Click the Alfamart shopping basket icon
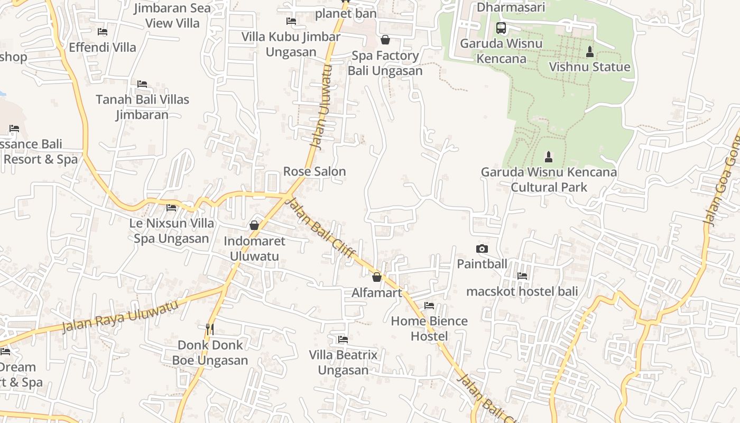click(x=377, y=277)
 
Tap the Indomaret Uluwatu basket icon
click(x=254, y=225)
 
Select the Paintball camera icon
click(x=482, y=249)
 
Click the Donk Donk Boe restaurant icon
click(x=210, y=329)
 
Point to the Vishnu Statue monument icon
click(x=590, y=52)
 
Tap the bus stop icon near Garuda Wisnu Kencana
click(x=501, y=28)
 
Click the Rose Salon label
click(x=314, y=171)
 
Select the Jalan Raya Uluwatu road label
click(x=120, y=316)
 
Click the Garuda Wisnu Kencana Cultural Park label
click(x=549, y=179)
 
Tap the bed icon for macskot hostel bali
click(x=522, y=275)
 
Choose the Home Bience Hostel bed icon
click(x=429, y=306)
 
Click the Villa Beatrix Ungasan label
click(x=343, y=362)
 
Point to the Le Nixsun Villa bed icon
click(x=171, y=208)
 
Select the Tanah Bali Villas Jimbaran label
click(x=142, y=107)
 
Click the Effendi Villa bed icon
click(x=103, y=32)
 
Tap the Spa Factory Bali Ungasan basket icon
click(x=385, y=40)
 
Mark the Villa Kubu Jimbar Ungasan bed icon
click(x=291, y=21)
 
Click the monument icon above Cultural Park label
click(x=549, y=157)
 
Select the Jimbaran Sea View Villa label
click(x=172, y=15)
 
